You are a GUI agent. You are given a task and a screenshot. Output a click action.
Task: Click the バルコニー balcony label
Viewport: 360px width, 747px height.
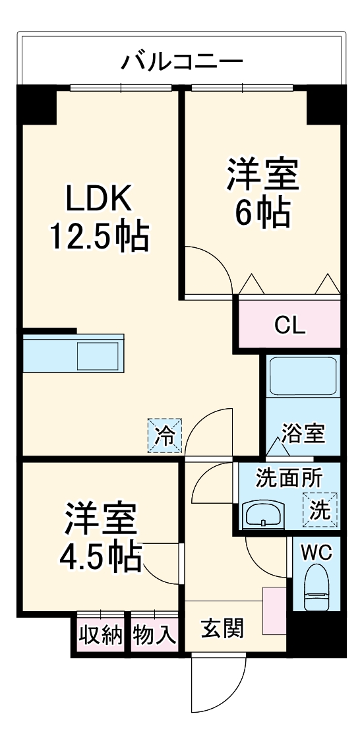click(181, 63)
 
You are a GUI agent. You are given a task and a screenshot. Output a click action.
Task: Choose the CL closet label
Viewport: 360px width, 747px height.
click(290, 325)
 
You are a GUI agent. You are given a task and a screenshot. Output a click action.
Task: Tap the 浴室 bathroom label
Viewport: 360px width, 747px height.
click(303, 434)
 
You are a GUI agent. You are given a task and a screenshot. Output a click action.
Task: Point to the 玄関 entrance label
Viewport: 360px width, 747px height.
click(222, 628)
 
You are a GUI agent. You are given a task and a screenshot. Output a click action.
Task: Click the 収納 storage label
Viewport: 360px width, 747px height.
click(101, 635)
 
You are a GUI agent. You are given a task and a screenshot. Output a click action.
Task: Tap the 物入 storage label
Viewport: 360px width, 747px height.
click(154, 635)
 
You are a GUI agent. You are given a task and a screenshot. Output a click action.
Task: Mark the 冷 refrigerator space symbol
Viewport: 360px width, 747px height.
click(165, 435)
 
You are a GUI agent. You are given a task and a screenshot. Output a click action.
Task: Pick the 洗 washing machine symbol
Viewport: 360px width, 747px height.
click(321, 510)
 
